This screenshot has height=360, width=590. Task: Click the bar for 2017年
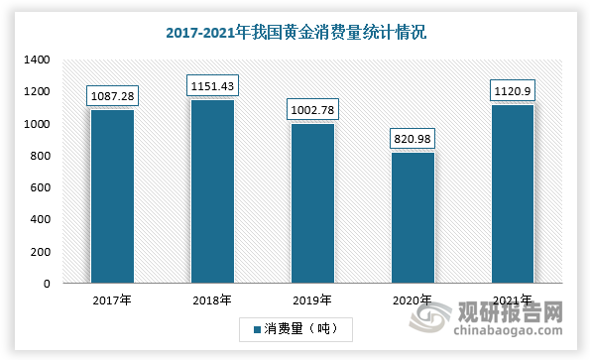coord(112,196)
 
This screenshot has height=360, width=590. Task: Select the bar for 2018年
coord(212,191)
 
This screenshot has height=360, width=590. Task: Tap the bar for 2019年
coord(312,203)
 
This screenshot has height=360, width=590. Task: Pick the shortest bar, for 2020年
coord(412,218)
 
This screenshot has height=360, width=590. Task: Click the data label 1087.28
coord(112,95)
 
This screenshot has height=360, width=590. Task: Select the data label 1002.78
coord(312,109)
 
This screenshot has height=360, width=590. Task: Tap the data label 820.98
coord(412,138)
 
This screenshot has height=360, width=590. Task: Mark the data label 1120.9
coord(512,90)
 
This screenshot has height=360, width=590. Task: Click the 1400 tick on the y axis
coord(37,60)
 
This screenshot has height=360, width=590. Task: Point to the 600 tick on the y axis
coord(41,187)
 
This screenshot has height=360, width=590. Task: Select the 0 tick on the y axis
coord(46,284)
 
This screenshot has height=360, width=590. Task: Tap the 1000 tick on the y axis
coord(37,124)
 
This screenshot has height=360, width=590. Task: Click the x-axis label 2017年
coord(112,300)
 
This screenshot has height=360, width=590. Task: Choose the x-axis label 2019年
coord(312,300)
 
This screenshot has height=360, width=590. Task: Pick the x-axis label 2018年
coord(212,300)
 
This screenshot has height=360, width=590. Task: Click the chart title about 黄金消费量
coord(295,32)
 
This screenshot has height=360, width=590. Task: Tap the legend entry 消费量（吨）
coord(295,328)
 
